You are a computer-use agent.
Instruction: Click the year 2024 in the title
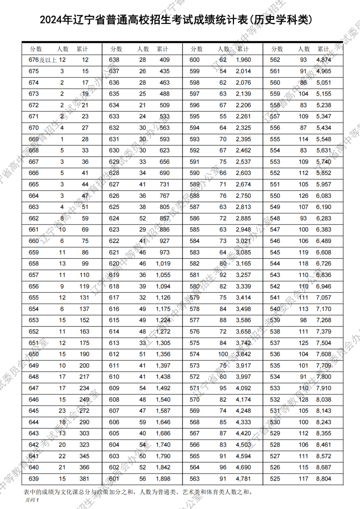[x=51, y=20]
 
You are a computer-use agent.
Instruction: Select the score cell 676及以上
[x=43, y=60]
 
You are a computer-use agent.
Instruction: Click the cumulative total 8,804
[x=324, y=479]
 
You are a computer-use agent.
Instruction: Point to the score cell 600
[x=195, y=60]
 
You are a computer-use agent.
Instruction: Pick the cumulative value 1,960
[x=243, y=60]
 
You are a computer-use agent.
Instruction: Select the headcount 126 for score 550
[x=303, y=196]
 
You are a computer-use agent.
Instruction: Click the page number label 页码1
[x=32, y=500]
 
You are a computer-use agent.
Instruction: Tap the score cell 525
[x=275, y=479]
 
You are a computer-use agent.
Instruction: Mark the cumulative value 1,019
[x=163, y=264]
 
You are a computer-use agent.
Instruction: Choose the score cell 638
[x=114, y=60]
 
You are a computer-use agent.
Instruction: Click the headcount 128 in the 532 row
[x=303, y=399]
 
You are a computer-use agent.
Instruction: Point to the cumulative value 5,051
[x=324, y=83]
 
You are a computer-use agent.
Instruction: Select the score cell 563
[x=195, y=479]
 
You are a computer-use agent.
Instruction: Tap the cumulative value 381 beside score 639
[x=84, y=479]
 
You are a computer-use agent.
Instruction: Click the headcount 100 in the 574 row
[x=223, y=354]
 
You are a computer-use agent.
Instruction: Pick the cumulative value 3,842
[x=243, y=354]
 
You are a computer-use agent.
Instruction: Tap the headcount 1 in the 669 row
[x=62, y=139]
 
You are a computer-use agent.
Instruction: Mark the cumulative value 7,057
[x=324, y=298]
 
